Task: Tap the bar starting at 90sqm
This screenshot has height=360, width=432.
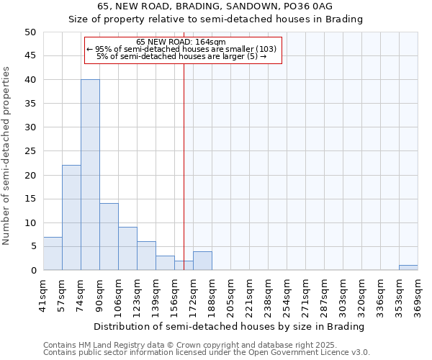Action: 109,237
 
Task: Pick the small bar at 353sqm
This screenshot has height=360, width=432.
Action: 408,268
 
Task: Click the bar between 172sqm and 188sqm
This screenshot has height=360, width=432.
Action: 202,261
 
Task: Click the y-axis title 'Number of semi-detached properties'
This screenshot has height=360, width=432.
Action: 7,156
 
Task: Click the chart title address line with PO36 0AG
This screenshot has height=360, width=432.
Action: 215,6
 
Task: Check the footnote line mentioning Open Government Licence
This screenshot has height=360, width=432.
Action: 207,353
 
